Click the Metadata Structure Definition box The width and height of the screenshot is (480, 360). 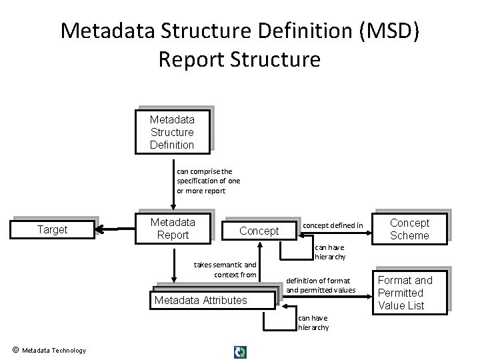[x=172, y=132]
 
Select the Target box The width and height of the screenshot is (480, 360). [x=52, y=230]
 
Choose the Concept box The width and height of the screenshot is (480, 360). [x=259, y=231]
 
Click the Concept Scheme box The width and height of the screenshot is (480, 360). [x=409, y=229]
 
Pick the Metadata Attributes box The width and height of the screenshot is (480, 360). [x=201, y=301]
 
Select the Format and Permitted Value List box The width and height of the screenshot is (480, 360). [x=405, y=293]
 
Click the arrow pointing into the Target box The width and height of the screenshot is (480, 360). [x=100, y=230]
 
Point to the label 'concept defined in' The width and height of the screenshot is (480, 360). [x=333, y=225]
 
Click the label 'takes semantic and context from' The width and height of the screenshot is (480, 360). [x=225, y=269]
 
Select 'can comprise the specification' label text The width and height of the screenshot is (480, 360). [x=208, y=181]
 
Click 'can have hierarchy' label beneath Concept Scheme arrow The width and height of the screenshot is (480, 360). [x=330, y=252]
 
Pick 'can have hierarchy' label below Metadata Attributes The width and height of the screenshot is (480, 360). [x=313, y=323]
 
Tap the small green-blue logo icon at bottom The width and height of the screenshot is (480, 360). [x=240, y=351]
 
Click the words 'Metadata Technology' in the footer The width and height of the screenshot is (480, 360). [x=54, y=351]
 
